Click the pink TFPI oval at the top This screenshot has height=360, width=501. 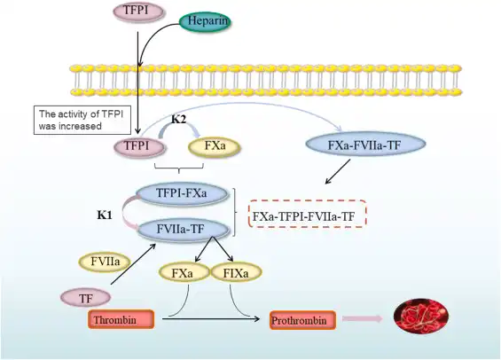[137, 12]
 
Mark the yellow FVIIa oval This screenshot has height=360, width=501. [104, 262]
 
